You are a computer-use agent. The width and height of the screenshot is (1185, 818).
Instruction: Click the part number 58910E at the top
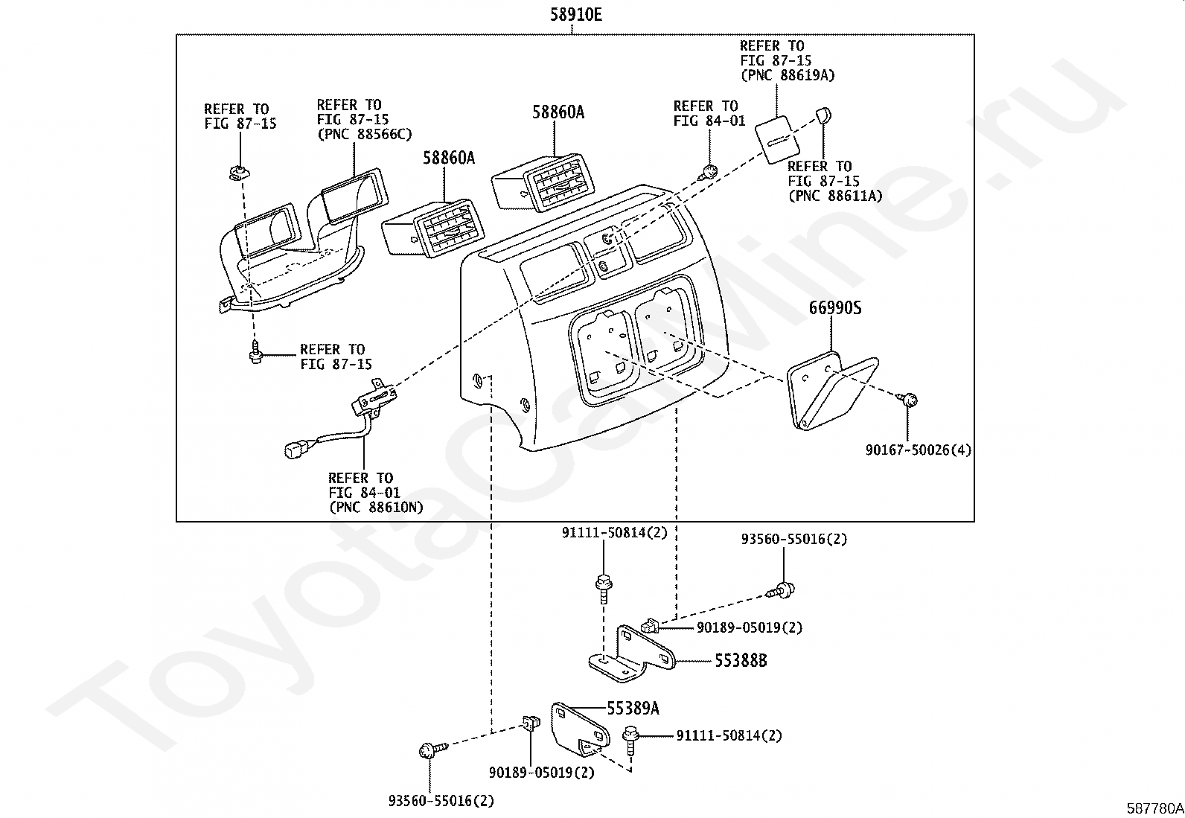click(x=576, y=15)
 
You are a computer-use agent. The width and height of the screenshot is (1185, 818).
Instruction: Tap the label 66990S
click(x=835, y=308)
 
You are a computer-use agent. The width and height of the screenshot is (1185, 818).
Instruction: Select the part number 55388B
click(x=741, y=660)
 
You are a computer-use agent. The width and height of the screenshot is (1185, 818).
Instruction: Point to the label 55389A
click(x=633, y=708)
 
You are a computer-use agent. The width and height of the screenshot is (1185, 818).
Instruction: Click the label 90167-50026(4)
click(x=919, y=450)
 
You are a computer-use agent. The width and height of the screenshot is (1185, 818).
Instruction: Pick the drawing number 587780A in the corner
click(x=1154, y=808)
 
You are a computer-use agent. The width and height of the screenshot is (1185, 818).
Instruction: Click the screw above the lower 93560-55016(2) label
click(x=432, y=750)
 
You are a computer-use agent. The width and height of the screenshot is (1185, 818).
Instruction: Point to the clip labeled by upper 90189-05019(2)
click(x=650, y=626)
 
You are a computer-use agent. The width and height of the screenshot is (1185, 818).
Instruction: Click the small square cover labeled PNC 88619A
click(x=776, y=140)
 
